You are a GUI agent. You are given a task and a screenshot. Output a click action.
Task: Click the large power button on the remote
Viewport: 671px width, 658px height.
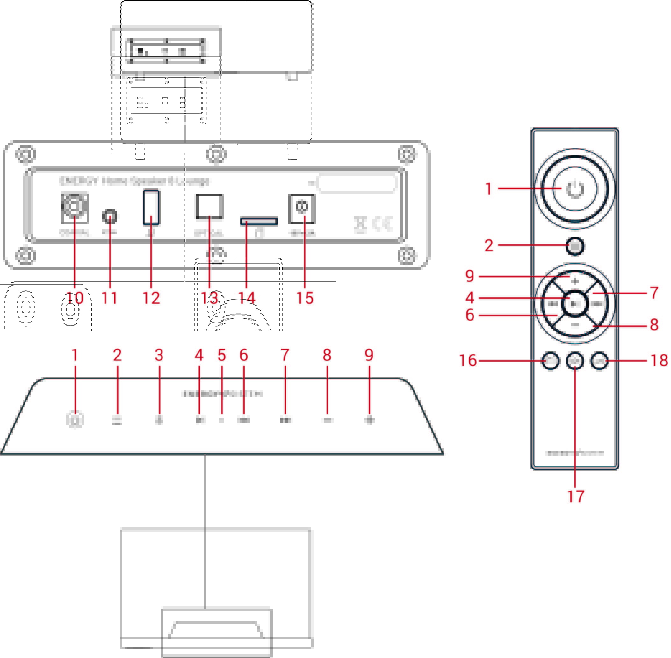[x=574, y=189]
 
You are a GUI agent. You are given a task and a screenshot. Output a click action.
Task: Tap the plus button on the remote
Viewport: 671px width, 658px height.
[x=575, y=281]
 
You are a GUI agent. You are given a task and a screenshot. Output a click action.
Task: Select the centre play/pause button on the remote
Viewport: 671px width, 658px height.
[x=575, y=303]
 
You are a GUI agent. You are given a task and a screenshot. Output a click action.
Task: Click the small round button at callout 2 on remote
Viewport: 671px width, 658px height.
[x=575, y=246]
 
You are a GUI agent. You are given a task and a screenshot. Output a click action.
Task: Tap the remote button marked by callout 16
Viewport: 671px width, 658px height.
[x=550, y=361]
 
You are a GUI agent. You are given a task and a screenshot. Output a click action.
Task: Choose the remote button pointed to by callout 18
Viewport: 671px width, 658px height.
[x=599, y=361]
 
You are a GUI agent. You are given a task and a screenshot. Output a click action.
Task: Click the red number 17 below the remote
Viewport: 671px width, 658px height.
[x=575, y=497]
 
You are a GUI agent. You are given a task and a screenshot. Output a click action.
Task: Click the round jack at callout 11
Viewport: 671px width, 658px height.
[x=110, y=217]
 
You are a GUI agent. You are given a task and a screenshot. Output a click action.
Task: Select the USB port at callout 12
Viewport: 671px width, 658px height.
[x=151, y=207]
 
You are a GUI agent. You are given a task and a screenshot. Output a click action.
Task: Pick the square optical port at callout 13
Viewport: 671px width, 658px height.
[x=210, y=207]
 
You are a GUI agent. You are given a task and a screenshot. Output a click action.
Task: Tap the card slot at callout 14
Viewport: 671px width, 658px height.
[x=259, y=221]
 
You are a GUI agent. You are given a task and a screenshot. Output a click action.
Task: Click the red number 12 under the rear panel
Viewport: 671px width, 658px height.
[x=151, y=298]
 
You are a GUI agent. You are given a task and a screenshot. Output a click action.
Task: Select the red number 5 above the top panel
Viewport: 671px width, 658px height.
[x=222, y=355]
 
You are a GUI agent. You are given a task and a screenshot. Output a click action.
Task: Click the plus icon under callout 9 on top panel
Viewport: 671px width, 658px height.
[x=370, y=420]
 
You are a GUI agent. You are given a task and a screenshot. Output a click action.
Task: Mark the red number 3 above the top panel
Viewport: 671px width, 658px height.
[x=159, y=355]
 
